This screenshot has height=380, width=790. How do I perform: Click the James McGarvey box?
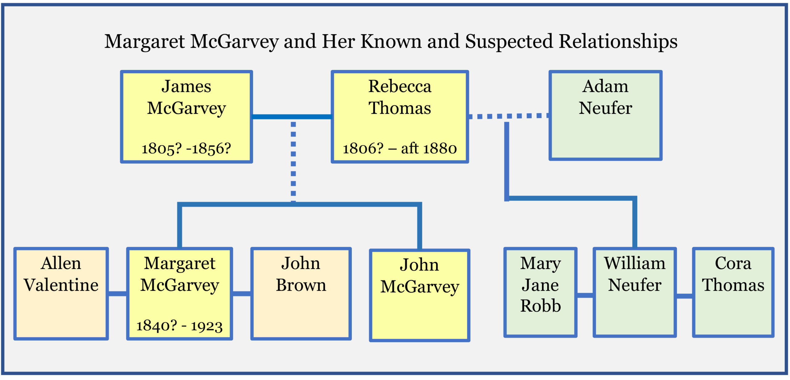[186, 117]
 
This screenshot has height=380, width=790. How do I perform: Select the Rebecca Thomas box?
[400, 117]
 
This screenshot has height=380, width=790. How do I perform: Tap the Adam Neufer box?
[605, 116]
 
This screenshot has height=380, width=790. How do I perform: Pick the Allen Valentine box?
[61, 293]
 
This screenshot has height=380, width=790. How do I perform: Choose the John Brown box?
[301, 293]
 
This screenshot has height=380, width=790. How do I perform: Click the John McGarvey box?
[419, 295]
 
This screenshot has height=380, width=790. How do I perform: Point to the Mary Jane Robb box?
[540, 292]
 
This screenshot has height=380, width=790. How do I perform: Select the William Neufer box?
[634, 292]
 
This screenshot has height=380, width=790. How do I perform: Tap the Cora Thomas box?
[733, 292]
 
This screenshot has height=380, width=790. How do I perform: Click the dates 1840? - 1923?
[179, 325]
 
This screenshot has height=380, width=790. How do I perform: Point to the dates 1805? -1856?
[186, 149]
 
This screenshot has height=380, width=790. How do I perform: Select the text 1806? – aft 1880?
[400, 149]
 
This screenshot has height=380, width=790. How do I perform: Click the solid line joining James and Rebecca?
[292, 117]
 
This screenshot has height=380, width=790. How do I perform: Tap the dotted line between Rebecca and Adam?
[508, 116]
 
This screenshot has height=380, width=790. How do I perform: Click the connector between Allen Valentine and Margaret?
[117, 294]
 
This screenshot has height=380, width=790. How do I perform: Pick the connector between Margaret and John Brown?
[242, 294]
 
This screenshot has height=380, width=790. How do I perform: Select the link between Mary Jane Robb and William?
[585, 295]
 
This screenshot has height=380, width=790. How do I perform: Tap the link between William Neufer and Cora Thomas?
[684, 296]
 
